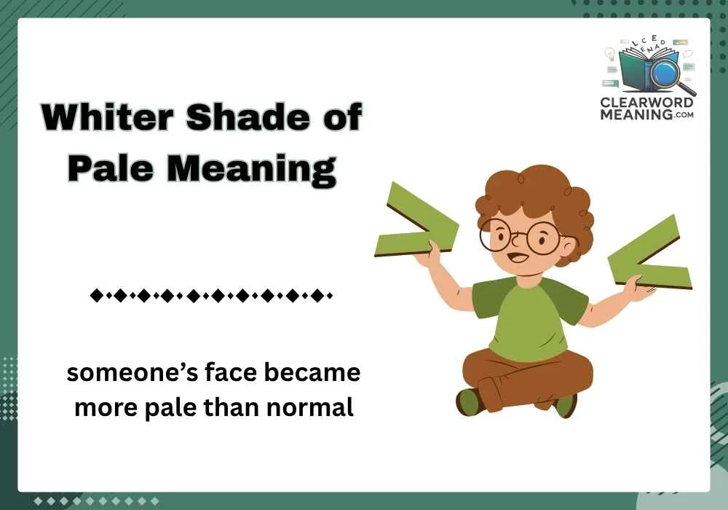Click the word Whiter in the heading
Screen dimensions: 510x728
100,118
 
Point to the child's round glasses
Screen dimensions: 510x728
520,236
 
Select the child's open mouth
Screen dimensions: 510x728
517,258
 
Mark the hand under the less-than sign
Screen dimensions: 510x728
634,289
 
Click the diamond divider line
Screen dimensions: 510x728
210,297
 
